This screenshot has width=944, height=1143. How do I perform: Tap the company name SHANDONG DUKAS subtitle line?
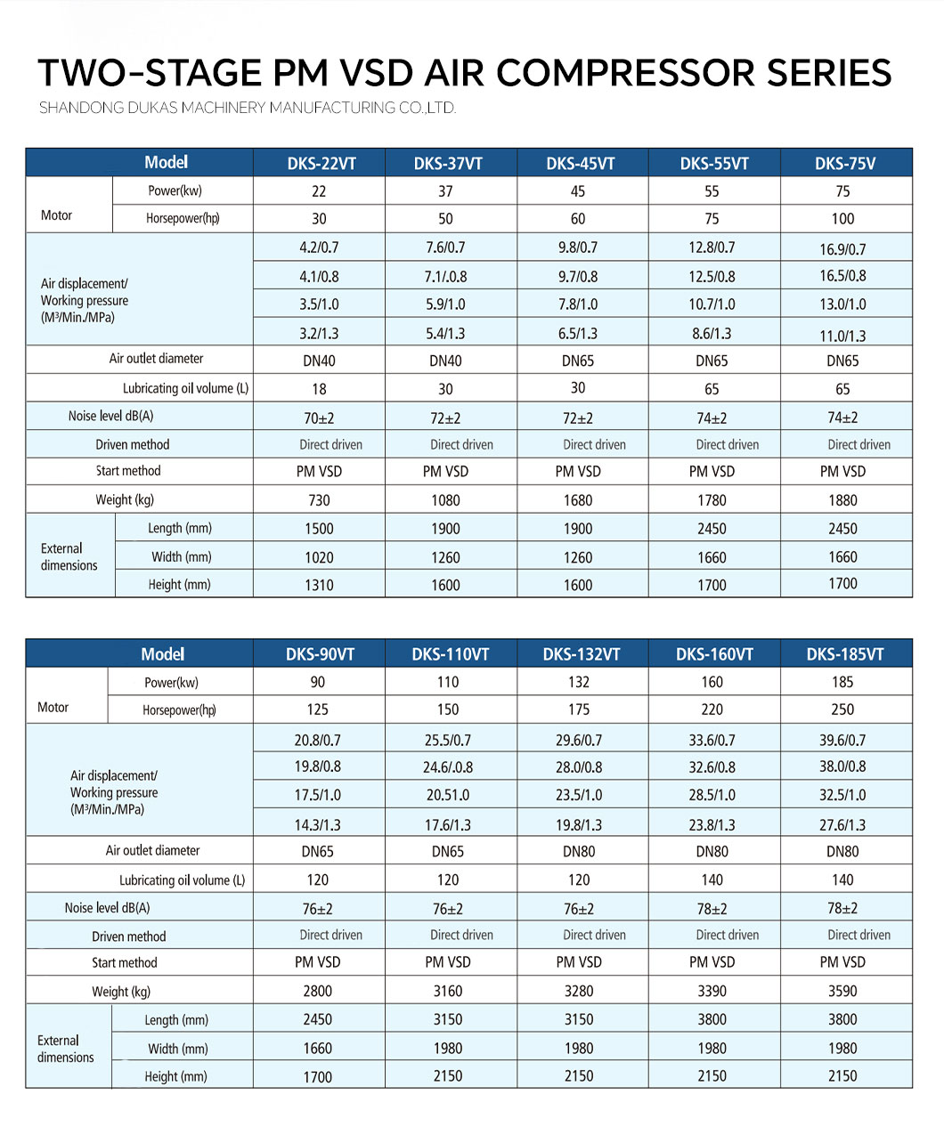[x=248, y=108]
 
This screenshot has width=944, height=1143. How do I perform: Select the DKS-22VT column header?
[x=321, y=164]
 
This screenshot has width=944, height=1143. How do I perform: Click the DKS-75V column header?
[x=844, y=164]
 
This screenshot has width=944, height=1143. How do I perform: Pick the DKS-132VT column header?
[x=581, y=654]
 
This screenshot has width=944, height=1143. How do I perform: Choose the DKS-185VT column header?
[x=844, y=654]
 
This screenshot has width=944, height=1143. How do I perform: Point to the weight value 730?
[x=319, y=500]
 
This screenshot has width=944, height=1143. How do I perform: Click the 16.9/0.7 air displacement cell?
[x=842, y=249]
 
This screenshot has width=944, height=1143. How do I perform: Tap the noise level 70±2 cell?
[x=319, y=417]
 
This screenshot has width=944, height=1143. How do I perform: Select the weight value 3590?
[x=842, y=991]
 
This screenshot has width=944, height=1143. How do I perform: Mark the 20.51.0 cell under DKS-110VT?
[x=447, y=795]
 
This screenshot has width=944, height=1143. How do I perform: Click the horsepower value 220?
[x=712, y=709]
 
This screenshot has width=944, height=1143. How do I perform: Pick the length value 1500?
[x=319, y=529]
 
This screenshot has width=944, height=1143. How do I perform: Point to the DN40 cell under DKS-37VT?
[x=445, y=361]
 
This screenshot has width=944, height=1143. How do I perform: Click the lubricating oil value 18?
[x=319, y=389]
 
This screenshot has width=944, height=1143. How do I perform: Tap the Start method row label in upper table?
[x=128, y=471]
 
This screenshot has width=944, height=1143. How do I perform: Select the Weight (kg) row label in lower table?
[x=121, y=992]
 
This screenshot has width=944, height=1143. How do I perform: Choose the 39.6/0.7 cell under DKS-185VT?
[x=842, y=741]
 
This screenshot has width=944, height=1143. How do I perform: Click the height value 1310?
[x=319, y=585]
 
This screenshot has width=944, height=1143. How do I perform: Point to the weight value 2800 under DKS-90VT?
[x=317, y=991]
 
